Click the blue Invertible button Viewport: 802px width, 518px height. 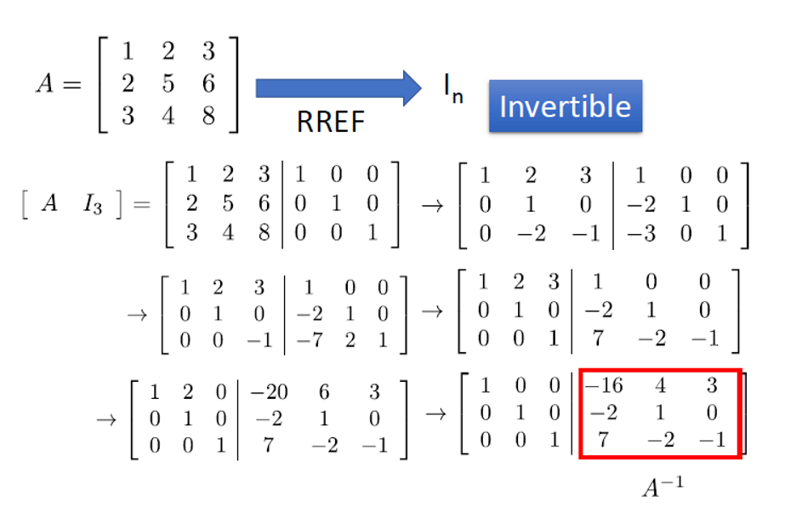[565, 106]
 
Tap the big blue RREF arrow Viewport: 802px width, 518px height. [338, 88]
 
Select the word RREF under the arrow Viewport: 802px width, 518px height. [330, 122]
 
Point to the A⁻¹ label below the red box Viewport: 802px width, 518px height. [663, 487]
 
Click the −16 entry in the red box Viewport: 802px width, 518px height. [604, 386]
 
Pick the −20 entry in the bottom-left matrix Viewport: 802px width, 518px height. [268, 393]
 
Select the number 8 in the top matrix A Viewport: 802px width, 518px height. [208, 115]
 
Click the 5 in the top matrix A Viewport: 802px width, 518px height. [168, 83]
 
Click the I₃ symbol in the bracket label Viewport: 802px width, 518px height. [93, 207]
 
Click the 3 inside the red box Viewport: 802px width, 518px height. [711, 386]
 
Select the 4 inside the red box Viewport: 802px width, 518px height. [659, 386]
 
